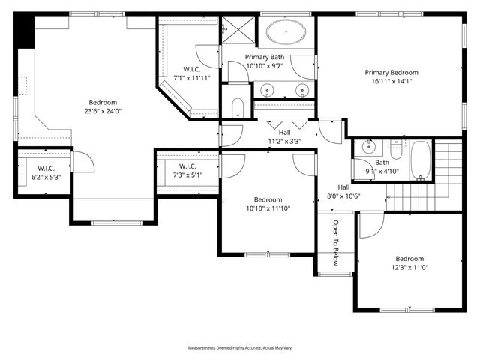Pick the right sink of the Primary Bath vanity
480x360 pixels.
[x=303, y=91]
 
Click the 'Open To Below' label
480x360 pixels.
[x=336, y=243]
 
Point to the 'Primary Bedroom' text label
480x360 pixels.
[x=391, y=73]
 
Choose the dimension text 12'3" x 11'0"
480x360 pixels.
[x=410, y=267]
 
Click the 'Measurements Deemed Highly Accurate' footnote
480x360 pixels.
[x=239, y=349]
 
